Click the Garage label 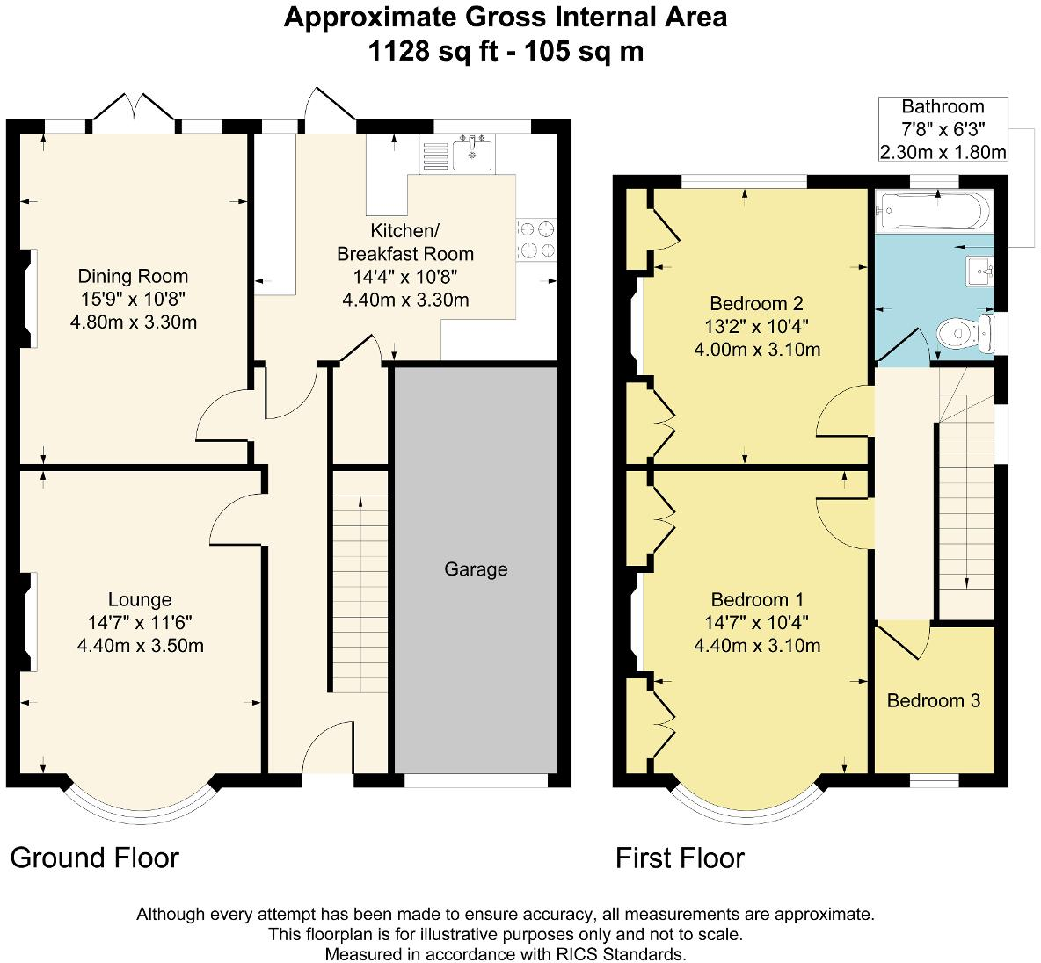click(476, 569)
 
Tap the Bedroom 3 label click(933, 700)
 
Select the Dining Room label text click(133, 276)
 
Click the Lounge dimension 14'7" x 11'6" click(140, 623)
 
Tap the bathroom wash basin click(979, 272)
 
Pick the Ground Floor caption click(95, 858)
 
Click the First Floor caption click(680, 858)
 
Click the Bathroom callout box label click(943, 107)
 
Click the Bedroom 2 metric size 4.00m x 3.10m click(757, 350)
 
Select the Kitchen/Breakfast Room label click(405, 243)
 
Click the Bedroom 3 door click(906, 639)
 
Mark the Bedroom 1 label click(757, 600)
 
